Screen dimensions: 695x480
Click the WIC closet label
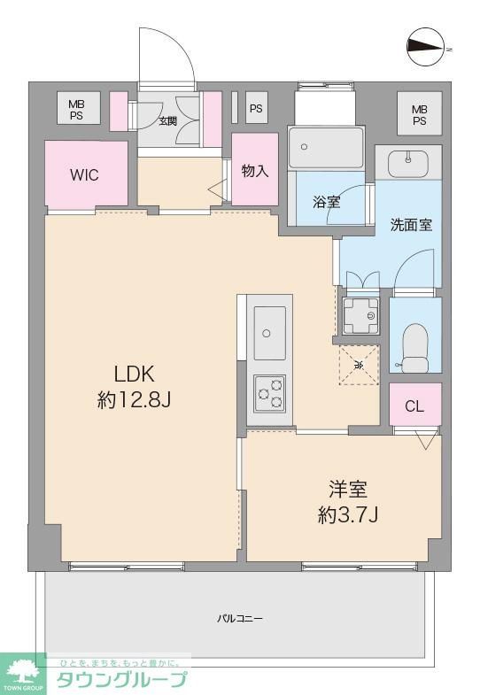[85, 175]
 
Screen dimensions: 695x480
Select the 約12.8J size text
[134, 400]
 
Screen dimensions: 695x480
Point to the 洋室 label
[348, 489]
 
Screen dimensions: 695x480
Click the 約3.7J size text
[348, 514]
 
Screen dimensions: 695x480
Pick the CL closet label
[414, 406]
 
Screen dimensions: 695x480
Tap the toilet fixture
[414, 349]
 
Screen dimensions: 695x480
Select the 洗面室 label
[411, 225]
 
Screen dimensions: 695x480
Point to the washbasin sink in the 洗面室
[408, 163]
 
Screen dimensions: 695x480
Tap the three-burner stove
[269, 391]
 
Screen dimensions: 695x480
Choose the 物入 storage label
[255, 171]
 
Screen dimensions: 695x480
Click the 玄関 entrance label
[167, 120]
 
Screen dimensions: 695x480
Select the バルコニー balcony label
[241, 618]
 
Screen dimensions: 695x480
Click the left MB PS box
[78, 109]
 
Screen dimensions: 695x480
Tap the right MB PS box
[419, 114]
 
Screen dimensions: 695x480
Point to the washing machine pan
[360, 313]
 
